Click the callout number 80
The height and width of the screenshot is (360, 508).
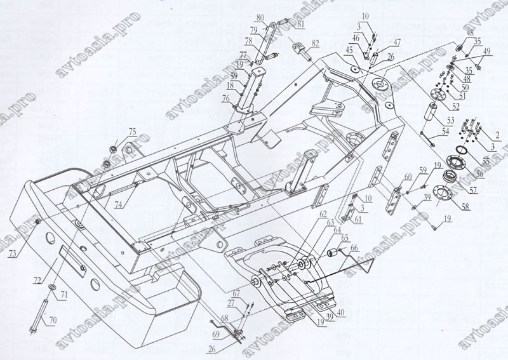262,17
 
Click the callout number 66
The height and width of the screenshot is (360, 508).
352,248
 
